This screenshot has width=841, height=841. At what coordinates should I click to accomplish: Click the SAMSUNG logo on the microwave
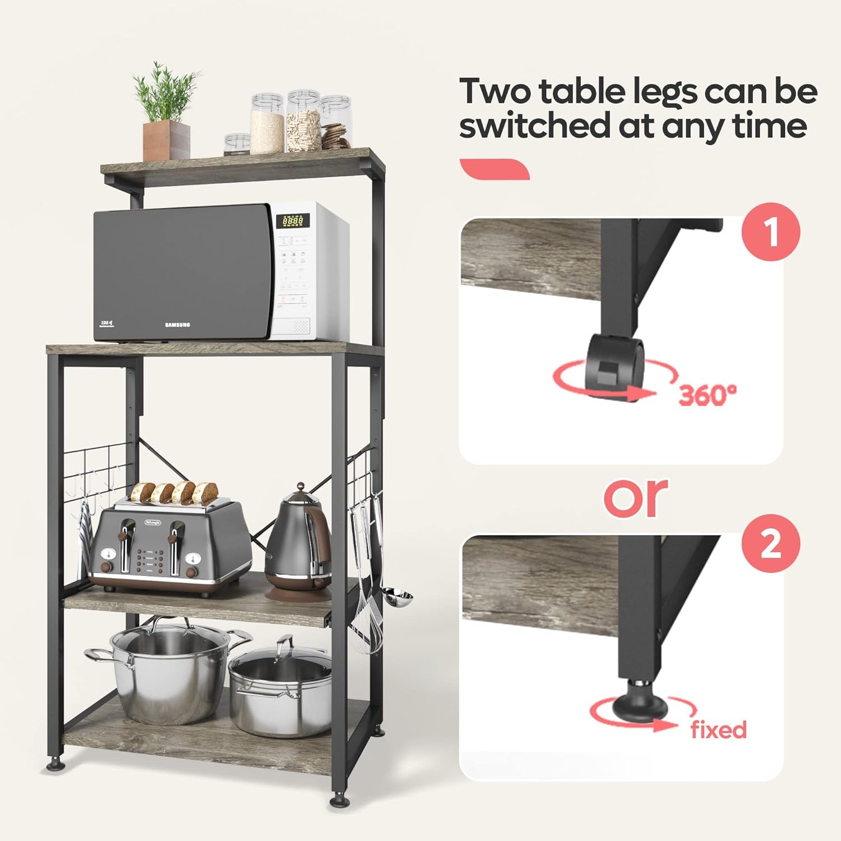click(177, 325)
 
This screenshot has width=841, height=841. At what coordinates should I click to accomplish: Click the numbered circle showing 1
click(771, 232)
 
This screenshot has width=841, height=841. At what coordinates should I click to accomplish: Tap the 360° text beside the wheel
click(707, 395)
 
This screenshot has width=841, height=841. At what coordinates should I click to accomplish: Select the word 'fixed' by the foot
click(718, 730)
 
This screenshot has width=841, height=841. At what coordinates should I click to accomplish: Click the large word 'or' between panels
click(636, 496)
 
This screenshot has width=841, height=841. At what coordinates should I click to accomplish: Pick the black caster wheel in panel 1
click(616, 364)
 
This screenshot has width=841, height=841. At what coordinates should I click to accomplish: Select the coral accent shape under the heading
click(494, 169)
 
